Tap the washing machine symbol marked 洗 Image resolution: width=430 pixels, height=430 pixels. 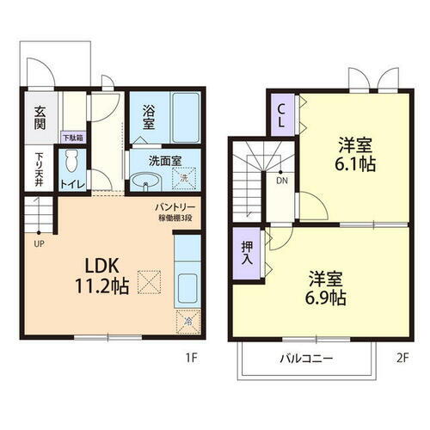(x=183, y=179)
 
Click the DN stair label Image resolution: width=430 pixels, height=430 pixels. (x=281, y=180)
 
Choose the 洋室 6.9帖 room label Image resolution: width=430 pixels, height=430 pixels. (x=326, y=290)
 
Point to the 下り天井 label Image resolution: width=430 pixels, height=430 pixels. (x=40, y=164)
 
